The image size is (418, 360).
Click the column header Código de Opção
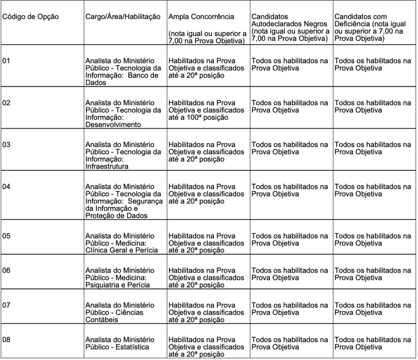point(31,17)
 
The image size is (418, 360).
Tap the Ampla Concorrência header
point(201,17)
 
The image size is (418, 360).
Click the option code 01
point(6,61)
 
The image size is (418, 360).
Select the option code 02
point(6,103)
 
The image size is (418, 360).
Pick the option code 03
point(6,145)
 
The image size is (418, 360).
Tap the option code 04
point(6,187)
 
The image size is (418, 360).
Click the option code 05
point(6,236)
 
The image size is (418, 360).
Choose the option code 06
point(6,271)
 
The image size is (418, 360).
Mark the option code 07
point(6,305)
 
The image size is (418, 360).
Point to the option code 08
point(6,340)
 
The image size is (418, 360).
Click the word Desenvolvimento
point(113,125)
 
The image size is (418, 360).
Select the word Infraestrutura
point(107,167)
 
